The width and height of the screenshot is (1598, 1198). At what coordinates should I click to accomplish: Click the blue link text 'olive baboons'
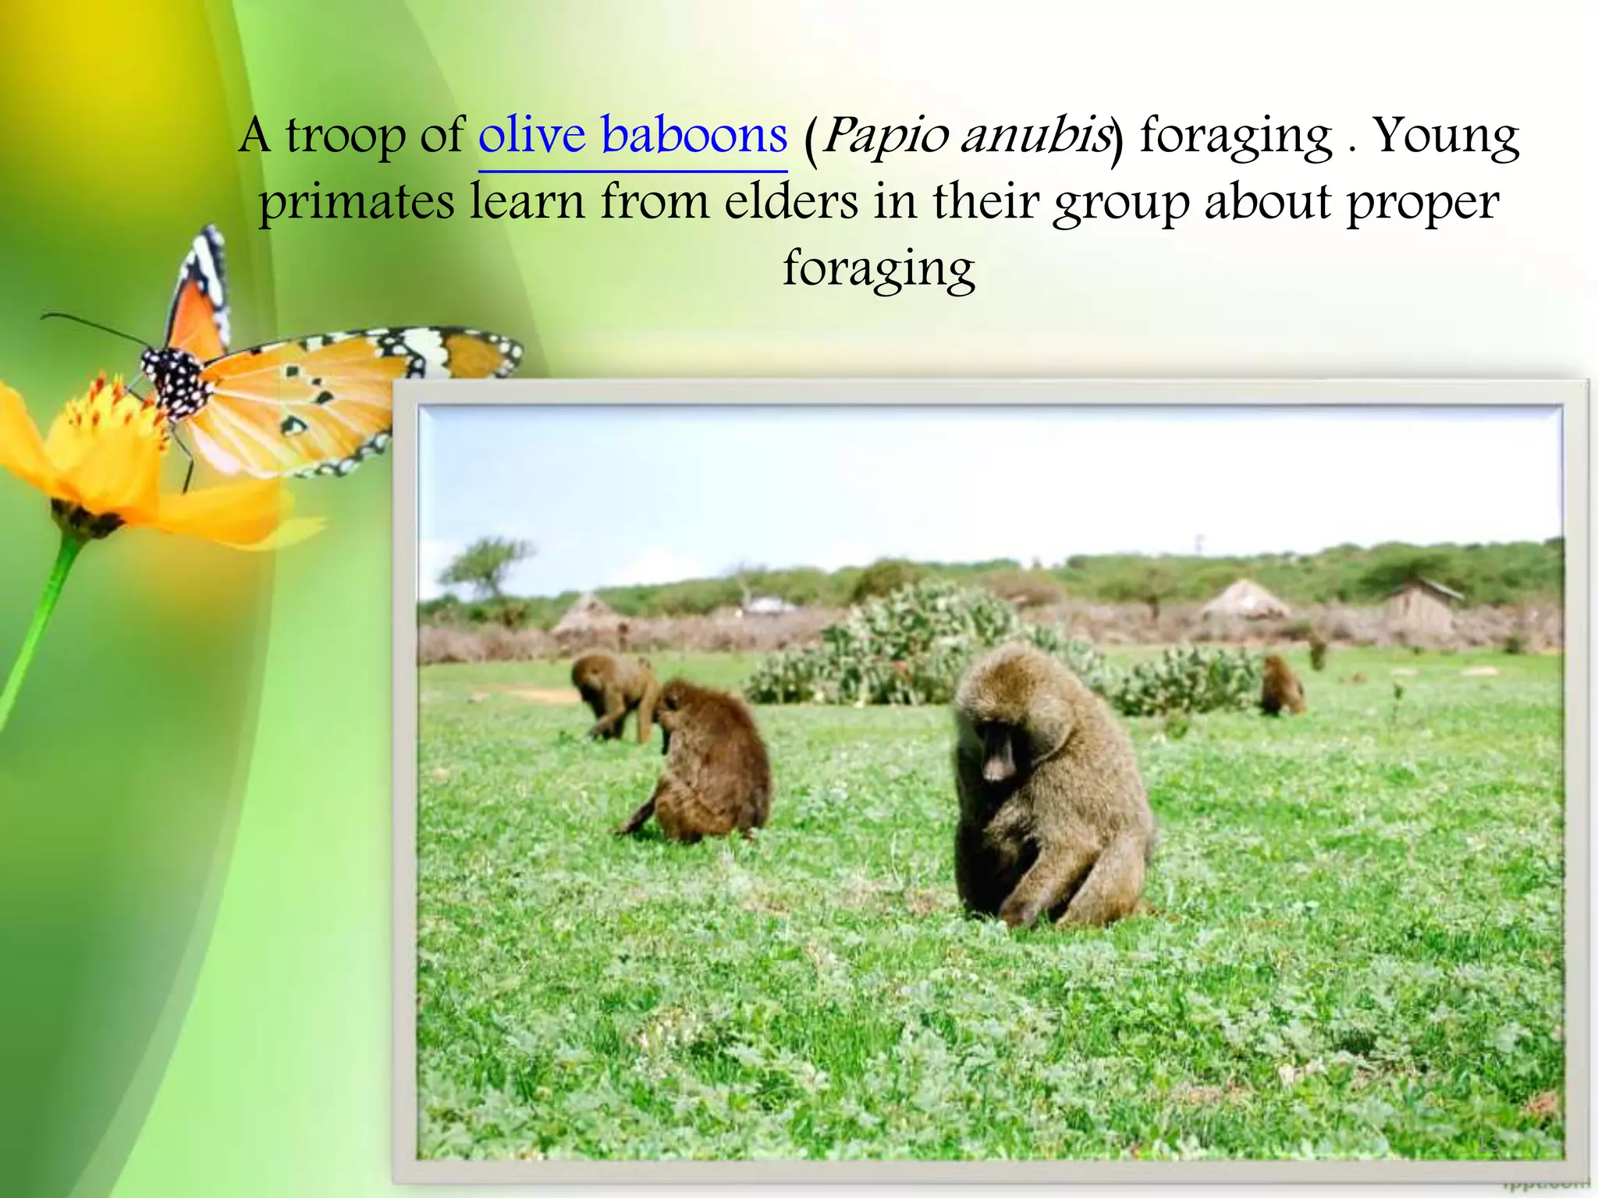pyautogui.click(x=632, y=136)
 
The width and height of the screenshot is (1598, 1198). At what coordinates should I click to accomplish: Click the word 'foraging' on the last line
pyautogui.click(x=879, y=269)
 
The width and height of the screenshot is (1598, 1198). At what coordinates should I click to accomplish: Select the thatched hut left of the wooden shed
pyautogui.click(x=1244, y=601)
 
